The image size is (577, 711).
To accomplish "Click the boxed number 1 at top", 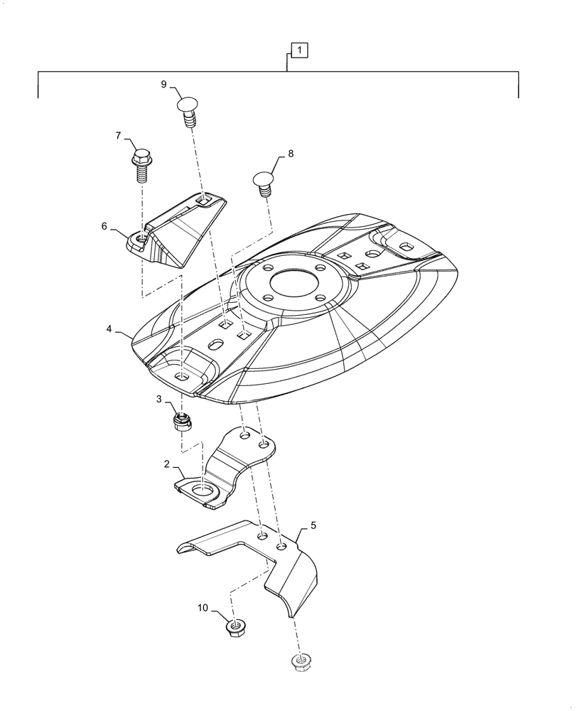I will tap(301, 50).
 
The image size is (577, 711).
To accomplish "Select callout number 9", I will tap(163, 85).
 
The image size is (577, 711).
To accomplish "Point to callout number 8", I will tap(290, 153).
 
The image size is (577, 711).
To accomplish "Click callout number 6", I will tap(104, 226).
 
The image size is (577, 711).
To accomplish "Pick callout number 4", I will tap(109, 329).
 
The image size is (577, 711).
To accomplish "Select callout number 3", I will tap(160, 400).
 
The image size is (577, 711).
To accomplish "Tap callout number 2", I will tap(167, 464).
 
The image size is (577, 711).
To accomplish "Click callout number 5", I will tap(313, 528).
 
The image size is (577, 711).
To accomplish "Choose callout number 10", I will tap(203, 609).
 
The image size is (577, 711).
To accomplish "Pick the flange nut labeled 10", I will tap(234, 628).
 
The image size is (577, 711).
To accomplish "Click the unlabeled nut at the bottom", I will tap(301, 663).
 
